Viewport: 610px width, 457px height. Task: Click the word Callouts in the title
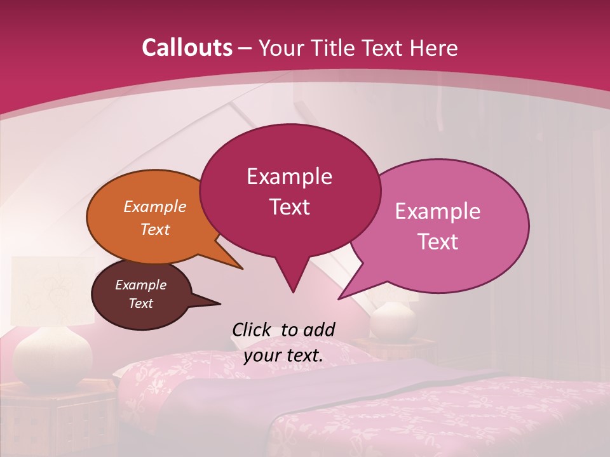click(187, 48)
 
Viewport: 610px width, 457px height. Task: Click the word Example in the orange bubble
click(155, 207)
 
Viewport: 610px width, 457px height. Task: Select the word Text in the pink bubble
click(438, 242)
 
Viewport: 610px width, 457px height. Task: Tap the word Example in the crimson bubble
click(289, 176)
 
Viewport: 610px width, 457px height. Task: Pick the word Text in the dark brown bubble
click(141, 303)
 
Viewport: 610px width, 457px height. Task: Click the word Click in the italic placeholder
click(252, 329)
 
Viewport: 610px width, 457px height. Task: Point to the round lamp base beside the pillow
click(392, 321)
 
